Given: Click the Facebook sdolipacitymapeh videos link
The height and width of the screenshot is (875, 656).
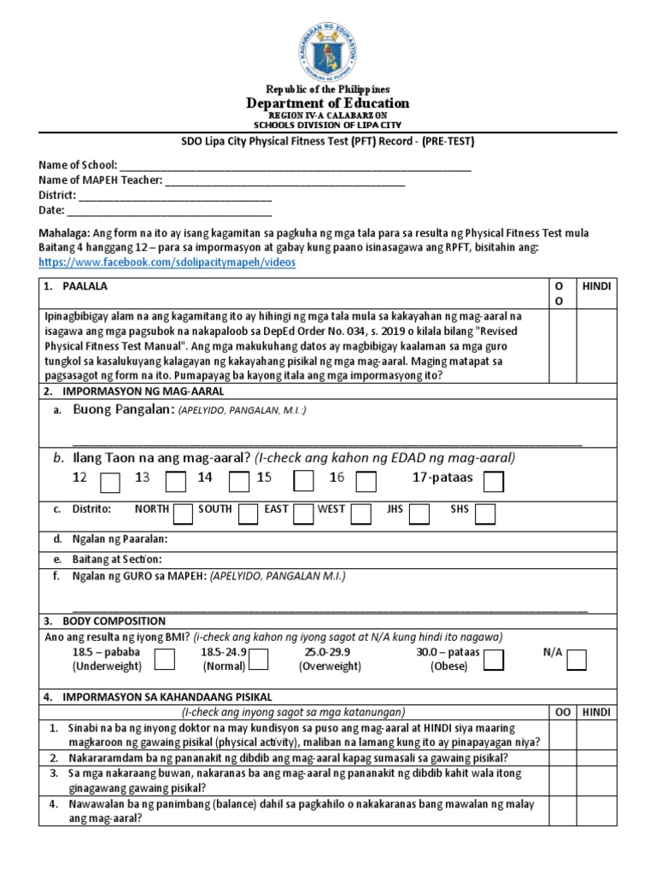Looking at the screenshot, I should (167, 263).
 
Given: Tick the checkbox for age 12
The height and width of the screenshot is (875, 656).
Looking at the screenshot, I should (110, 484).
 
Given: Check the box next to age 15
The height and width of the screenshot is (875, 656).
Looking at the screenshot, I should (303, 484).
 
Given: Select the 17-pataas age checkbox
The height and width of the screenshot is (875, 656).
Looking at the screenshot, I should (494, 484).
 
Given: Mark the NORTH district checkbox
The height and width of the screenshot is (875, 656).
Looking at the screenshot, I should (183, 513).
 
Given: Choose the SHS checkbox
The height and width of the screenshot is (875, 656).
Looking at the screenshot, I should (485, 513).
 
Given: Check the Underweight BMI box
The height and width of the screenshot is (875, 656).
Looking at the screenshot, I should (165, 659).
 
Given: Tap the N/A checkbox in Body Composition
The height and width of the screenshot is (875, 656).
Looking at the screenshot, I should (577, 659).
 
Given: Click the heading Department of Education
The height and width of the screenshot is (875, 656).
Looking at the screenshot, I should (328, 103).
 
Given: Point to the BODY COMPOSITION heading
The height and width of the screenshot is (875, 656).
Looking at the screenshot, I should (109, 621).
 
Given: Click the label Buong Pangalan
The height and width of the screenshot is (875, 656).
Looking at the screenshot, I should (124, 410).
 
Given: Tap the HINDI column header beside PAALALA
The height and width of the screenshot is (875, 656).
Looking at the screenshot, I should (596, 286).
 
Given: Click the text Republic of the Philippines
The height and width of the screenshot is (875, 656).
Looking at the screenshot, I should (328, 89).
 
